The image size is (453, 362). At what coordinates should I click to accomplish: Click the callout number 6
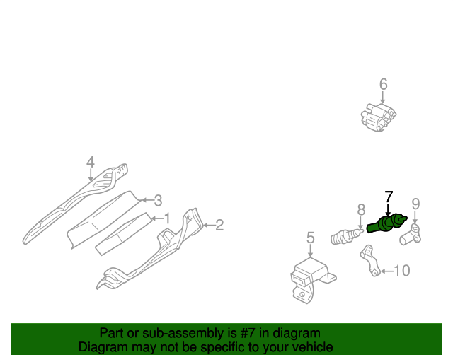tap(383, 84)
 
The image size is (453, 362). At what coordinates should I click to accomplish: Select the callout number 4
tap(91, 162)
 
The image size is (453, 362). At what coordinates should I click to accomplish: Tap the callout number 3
tap(158, 200)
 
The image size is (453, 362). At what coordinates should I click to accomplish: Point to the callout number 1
tap(167, 218)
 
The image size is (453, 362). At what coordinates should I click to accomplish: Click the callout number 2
tap(219, 225)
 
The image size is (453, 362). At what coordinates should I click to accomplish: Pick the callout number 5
tap(310, 238)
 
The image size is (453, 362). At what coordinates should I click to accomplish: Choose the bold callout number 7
tap(389, 197)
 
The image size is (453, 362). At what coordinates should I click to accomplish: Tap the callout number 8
tap(361, 210)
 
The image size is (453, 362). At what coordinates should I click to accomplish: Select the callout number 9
tap(415, 204)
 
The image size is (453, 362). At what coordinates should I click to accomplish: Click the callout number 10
tap(402, 271)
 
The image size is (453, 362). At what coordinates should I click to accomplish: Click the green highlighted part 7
tap(387, 224)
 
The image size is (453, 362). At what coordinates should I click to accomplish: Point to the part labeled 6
tap(379, 117)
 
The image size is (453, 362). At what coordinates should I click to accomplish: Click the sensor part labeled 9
tap(411, 235)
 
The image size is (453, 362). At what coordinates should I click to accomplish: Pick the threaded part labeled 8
tap(347, 236)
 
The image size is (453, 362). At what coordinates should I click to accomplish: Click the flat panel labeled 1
tap(124, 234)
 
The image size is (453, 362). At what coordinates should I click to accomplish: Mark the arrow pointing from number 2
tap(209, 225)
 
